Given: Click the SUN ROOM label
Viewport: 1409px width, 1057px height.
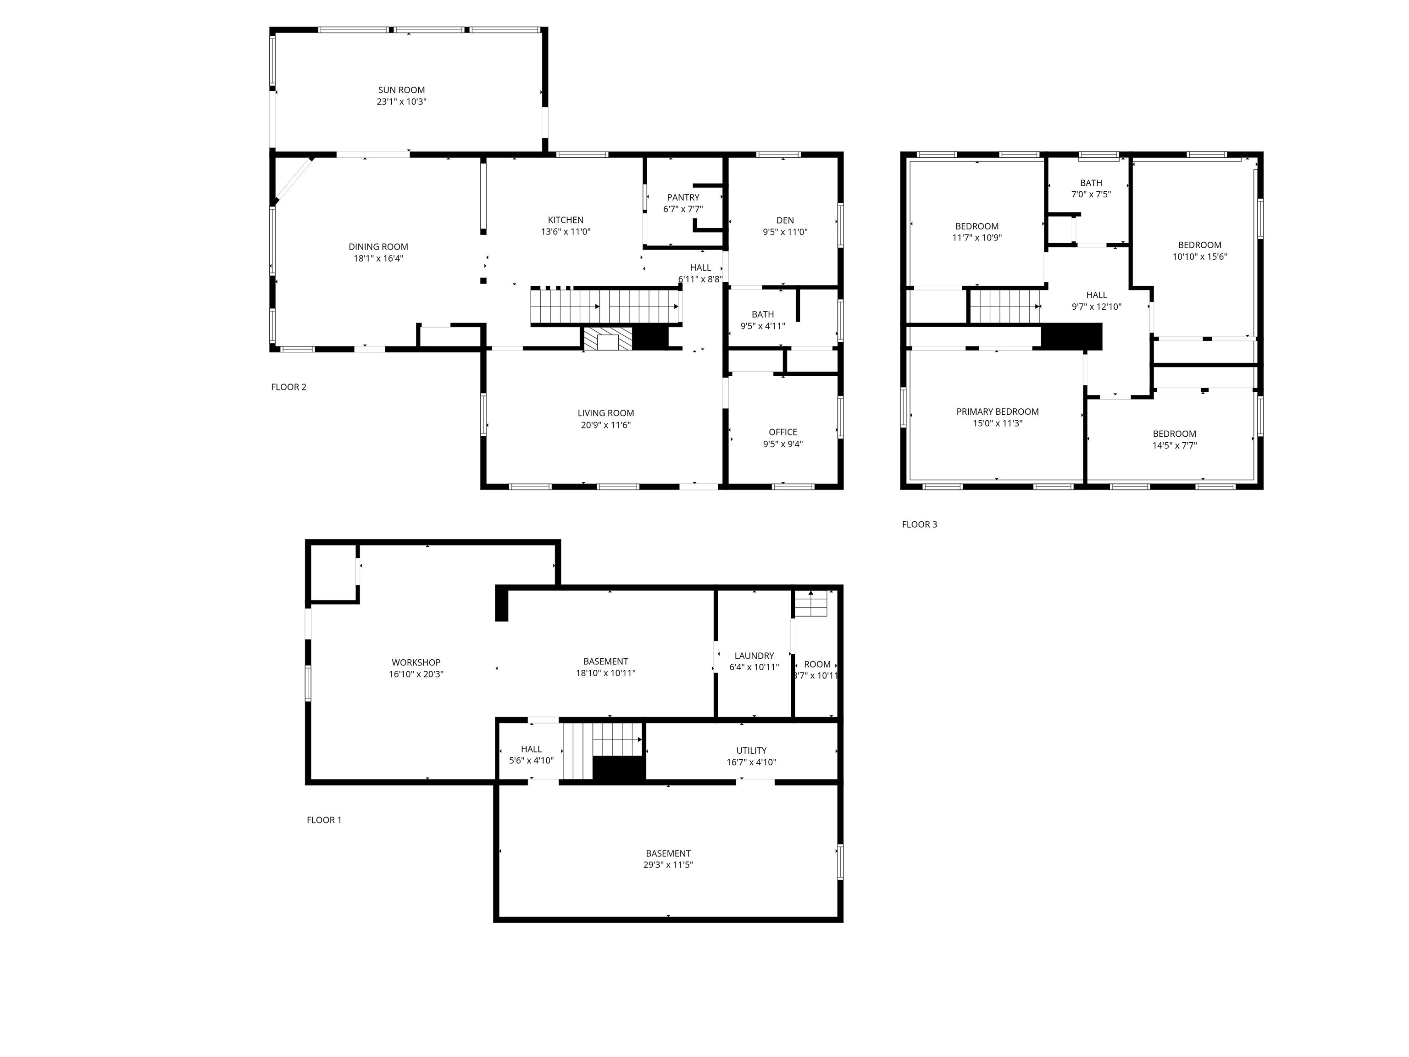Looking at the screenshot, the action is tap(401, 90).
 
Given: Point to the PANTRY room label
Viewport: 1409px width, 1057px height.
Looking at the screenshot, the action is tap(683, 198).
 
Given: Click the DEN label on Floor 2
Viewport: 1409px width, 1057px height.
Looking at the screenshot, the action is tap(785, 221).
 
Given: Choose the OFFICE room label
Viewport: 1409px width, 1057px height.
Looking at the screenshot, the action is tap(783, 432).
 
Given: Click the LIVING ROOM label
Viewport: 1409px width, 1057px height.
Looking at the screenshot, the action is tap(606, 413).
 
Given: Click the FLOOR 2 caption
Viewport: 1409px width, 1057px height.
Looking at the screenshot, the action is tap(288, 387).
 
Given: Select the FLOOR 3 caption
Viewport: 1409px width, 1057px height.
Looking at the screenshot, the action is tap(919, 524).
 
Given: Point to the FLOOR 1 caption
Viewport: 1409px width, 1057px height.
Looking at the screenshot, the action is tap(324, 820).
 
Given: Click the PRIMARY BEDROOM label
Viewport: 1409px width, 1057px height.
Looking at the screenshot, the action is tap(998, 412).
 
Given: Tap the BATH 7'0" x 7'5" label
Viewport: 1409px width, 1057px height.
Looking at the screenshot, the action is tap(1091, 189).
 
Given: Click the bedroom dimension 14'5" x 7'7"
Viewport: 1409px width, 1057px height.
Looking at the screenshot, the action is tap(1175, 445).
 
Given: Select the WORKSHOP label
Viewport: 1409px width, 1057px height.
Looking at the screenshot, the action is tap(416, 662).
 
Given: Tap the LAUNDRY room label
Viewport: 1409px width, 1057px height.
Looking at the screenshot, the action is tap(754, 656).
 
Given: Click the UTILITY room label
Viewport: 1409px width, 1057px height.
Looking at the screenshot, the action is tap(752, 751).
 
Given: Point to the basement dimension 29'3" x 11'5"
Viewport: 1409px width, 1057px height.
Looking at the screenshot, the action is tap(668, 865).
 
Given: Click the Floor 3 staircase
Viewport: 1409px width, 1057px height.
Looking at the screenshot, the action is tap(1004, 306).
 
